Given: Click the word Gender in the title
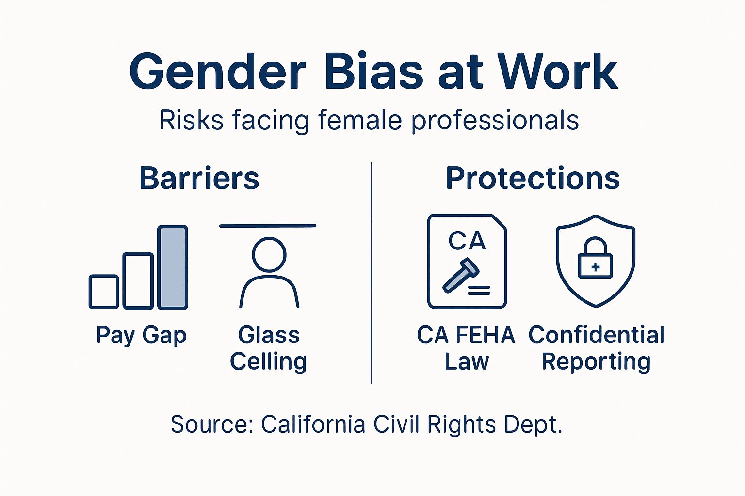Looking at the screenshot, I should pos(218,73).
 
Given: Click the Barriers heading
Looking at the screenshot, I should pos(199,178).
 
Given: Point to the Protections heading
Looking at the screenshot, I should pos(533,178).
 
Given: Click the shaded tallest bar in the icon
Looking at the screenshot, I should pos(173,267).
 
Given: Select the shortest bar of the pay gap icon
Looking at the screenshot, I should pos(104,292).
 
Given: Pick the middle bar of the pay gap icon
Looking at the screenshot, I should pos(138,280).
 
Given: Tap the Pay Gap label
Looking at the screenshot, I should pos(141,336).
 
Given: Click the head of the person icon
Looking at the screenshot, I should pos(269,254).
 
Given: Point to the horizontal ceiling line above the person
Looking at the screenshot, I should pos(268,226).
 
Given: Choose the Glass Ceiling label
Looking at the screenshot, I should pos(269,348).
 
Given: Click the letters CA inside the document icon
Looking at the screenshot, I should pos(467,241).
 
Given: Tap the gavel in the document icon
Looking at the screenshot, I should pos(460,276).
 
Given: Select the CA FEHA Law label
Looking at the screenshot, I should pos(466,348).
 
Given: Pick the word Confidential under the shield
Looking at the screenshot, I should pos(596,335).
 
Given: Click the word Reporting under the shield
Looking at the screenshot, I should pos(596,362).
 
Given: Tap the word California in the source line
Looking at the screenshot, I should pos(313,424).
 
